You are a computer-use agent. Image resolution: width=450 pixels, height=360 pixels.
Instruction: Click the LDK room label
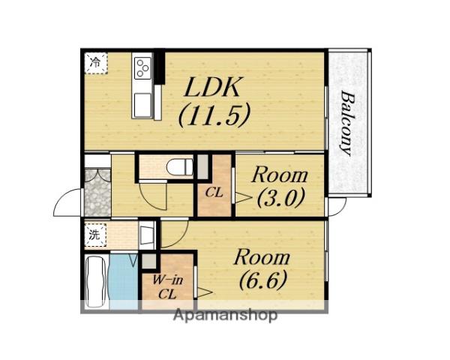tap(213, 87)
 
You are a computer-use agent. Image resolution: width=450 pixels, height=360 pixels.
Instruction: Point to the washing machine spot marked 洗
tap(96, 235)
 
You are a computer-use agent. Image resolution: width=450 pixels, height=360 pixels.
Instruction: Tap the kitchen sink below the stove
tap(143, 105)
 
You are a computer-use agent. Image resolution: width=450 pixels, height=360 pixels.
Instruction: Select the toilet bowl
tap(180, 166)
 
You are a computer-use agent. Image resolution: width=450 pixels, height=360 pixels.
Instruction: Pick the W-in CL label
tap(167, 286)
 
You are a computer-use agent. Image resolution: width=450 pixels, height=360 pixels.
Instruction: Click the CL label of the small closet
tap(214, 193)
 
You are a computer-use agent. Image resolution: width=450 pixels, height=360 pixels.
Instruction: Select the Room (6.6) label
tap(262, 270)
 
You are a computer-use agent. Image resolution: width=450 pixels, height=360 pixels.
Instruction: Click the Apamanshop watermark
tap(226, 315)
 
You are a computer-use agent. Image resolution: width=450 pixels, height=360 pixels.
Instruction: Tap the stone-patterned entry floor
tap(97, 193)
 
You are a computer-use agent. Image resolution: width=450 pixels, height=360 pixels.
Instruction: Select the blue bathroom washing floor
tap(124, 282)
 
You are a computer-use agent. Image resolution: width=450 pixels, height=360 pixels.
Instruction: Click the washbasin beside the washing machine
tap(147, 235)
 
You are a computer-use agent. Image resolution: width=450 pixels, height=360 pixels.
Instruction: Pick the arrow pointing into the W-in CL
tap(204, 292)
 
